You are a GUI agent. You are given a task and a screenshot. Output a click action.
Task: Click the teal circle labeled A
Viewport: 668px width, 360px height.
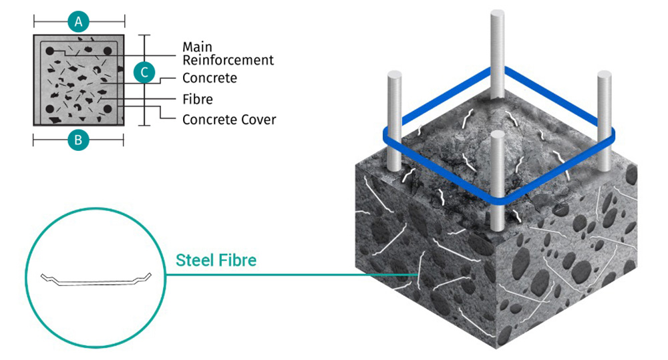point(78,21)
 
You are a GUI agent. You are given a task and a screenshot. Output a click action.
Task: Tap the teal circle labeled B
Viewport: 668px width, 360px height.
point(78,140)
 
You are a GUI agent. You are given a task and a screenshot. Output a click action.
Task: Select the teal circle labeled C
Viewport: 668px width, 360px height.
point(144,72)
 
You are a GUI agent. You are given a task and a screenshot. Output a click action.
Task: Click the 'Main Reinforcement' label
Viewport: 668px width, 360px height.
point(228,53)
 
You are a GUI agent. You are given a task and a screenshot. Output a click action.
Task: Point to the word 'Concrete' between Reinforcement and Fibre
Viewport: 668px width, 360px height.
point(210,78)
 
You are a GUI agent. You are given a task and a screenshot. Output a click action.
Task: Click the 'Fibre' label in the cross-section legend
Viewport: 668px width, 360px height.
point(198,100)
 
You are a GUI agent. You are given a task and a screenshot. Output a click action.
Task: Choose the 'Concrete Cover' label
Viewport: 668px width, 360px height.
point(229,120)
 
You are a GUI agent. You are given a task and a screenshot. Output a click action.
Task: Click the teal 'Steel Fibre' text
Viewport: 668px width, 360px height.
point(216,260)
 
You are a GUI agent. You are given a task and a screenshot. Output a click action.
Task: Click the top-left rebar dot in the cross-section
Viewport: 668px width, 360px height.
point(50,51)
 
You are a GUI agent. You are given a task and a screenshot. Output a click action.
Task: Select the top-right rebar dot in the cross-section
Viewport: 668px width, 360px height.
point(108,51)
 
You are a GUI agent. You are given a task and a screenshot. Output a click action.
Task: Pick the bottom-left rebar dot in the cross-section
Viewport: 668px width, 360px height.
point(50,109)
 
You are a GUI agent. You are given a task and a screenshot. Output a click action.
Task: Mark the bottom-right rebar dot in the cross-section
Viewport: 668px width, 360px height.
point(108,109)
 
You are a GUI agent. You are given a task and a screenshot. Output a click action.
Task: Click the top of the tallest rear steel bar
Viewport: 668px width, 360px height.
point(497,13)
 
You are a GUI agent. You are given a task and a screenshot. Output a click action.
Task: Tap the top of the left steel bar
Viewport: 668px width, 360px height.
point(395,75)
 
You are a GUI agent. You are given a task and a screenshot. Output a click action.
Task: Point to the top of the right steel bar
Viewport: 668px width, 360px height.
point(604,75)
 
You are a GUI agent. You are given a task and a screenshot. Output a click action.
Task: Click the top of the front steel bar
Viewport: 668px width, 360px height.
point(497,135)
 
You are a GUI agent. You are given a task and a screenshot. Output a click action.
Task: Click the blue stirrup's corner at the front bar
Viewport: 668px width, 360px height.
point(498,201)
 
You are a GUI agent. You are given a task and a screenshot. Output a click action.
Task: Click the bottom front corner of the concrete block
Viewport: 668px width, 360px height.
point(496,349)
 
